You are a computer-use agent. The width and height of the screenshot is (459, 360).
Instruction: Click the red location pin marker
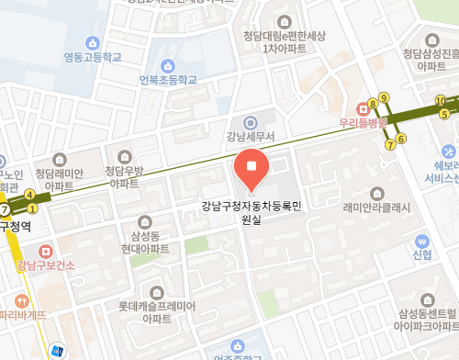pyautogui.click(x=252, y=167)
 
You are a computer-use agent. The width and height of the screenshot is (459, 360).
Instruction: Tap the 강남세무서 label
pyautogui.click(x=249, y=139)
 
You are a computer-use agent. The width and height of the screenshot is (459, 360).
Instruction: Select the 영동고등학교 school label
pyautogui.click(x=92, y=58)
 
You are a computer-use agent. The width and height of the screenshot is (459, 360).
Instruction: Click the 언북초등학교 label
pyautogui.click(x=168, y=80)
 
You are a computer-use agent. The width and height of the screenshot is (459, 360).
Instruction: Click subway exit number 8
pyautogui.click(x=373, y=103)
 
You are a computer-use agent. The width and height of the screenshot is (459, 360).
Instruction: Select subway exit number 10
pyautogui.click(x=441, y=101)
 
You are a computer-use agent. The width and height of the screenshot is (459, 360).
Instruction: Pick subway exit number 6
pyautogui.click(x=401, y=139)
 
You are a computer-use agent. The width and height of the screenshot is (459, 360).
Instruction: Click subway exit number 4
pyautogui.click(x=30, y=194)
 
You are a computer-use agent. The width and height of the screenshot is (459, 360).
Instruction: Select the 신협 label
pyautogui.click(x=422, y=253)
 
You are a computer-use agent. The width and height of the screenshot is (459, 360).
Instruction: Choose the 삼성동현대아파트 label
pyautogui.click(x=145, y=242)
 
